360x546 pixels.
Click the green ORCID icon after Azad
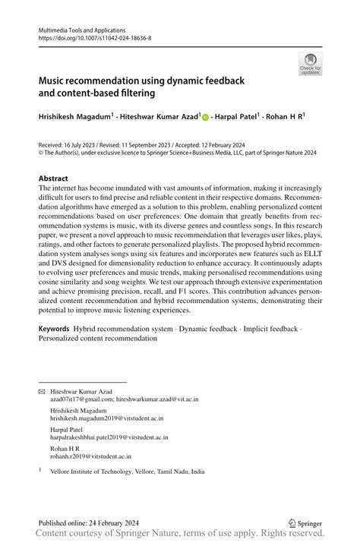tap(205, 118)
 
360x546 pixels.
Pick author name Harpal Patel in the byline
tap(235, 118)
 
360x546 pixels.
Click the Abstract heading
tap(54, 178)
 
